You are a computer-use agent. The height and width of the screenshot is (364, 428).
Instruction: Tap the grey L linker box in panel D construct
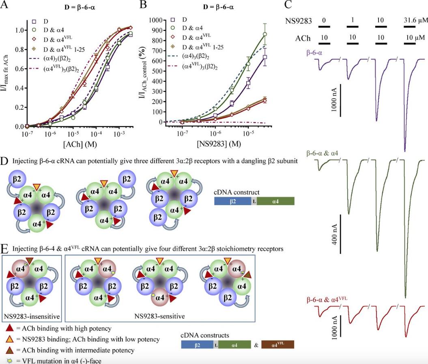(x=254, y=201)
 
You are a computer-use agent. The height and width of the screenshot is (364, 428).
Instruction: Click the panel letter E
(x=5, y=248)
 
